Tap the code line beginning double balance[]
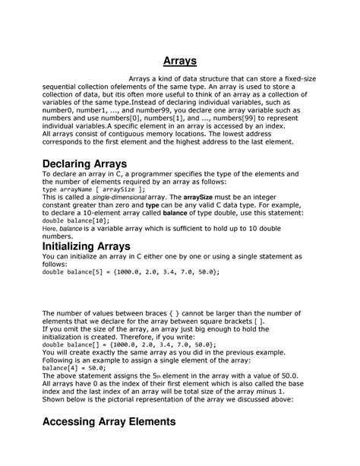129,344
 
